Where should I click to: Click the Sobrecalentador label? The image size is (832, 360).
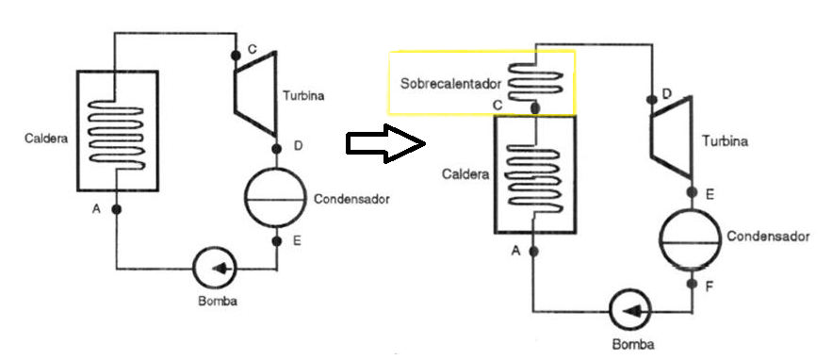pos(450,84)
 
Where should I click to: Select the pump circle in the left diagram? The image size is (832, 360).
pos(215,269)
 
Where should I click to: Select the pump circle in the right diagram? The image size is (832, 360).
pos(630,311)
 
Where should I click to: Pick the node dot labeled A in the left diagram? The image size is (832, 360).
pos(117,209)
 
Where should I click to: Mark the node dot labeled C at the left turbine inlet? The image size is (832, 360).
pos(236,56)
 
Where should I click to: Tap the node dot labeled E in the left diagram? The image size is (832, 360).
pos(276,241)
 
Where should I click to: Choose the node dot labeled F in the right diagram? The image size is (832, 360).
pos(692,284)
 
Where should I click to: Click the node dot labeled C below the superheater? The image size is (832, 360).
pos(535,108)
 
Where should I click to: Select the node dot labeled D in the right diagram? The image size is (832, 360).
pos(650,99)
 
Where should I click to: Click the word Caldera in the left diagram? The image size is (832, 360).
pos(46,139)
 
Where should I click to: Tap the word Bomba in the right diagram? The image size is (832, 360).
pos(633,344)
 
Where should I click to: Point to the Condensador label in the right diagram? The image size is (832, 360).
pos(768,236)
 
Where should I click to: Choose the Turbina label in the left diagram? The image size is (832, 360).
pos(303,96)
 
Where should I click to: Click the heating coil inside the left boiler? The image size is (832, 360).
pos(116,135)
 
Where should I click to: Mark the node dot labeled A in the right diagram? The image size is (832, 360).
pos(534,252)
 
